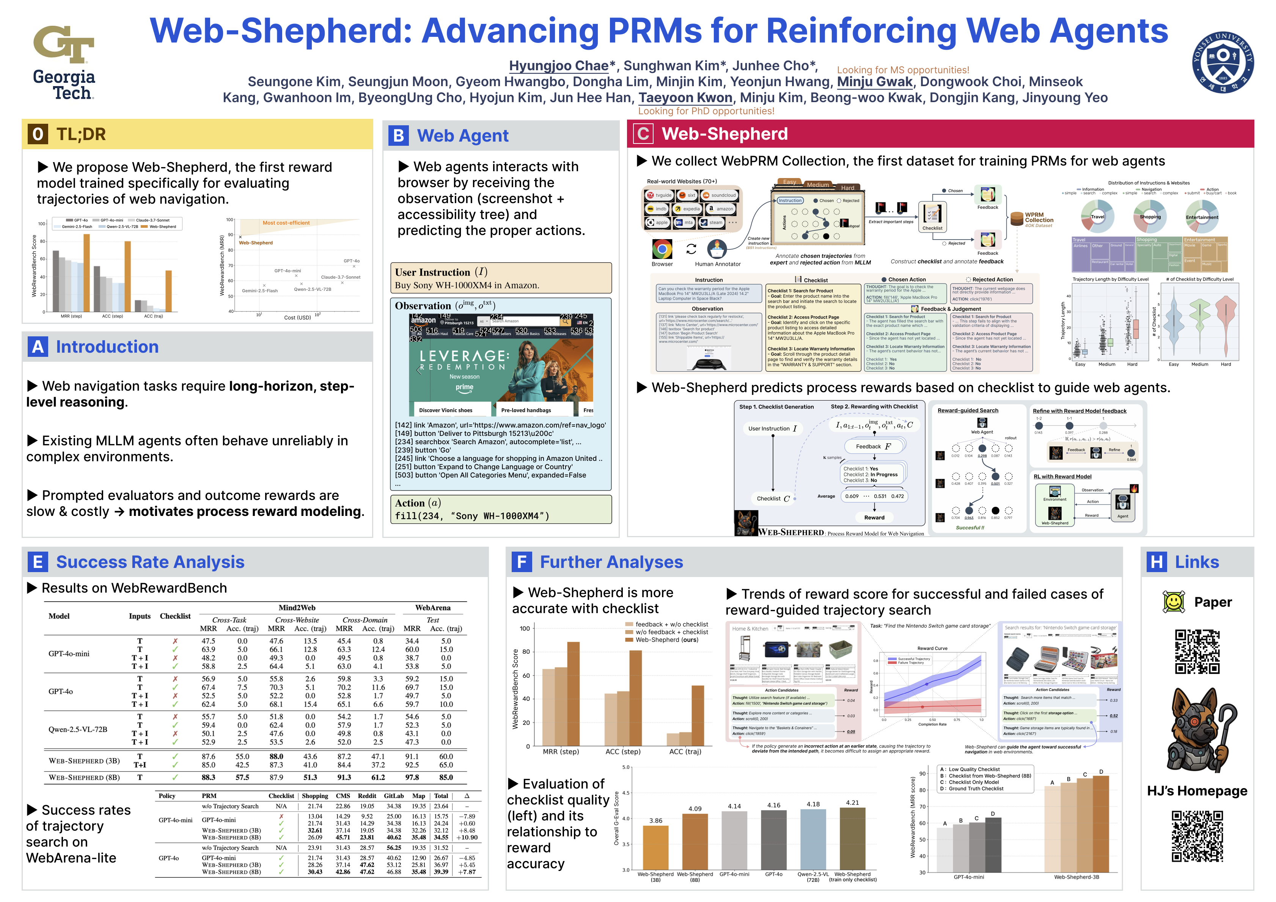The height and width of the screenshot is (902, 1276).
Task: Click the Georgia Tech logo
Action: pyautogui.click(x=64, y=61)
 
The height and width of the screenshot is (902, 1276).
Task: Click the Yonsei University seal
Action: pyautogui.click(x=1223, y=62)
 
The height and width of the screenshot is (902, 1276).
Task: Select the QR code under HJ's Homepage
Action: pyautogui.click(x=1197, y=836)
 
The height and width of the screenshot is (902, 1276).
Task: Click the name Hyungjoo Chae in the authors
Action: pyautogui.click(x=558, y=66)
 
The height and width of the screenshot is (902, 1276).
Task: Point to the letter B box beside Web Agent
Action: pyautogui.click(x=399, y=135)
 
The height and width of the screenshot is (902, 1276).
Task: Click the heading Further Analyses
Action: pyautogui.click(x=611, y=562)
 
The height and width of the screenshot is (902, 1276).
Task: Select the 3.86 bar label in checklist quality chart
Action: pyautogui.click(x=656, y=820)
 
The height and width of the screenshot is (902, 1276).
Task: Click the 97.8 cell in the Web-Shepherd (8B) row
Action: pyautogui.click(x=412, y=777)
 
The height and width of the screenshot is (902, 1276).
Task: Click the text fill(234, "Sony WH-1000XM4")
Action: pyautogui.click(x=472, y=516)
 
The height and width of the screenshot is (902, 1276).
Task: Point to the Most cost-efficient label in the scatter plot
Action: pyautogui.click(x=286, y=223)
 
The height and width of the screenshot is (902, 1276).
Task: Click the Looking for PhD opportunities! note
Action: pyautogui.click(x=706, y=111)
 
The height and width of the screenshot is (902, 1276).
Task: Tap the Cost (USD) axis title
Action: pyautogui.click(x=297, y=317)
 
